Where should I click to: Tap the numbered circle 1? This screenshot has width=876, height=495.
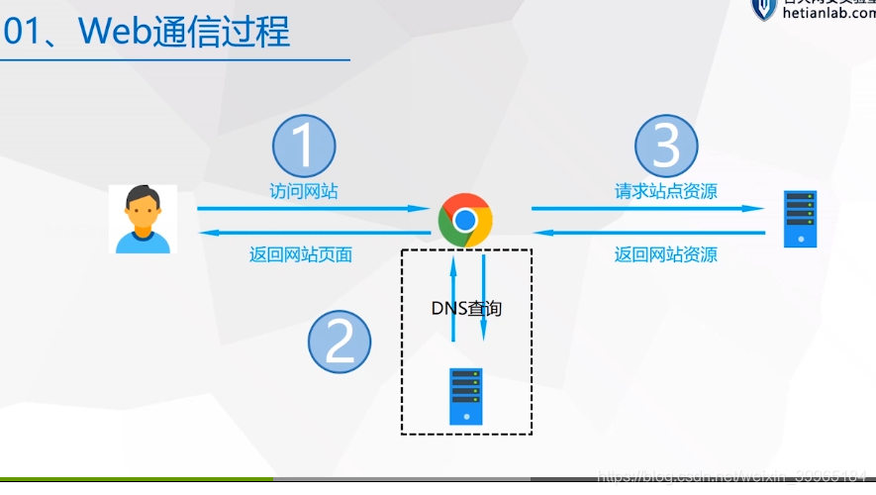pyautogui.click(x=304, y=147)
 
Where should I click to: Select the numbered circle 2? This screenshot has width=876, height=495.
pyautogui.click(x=340, y=343)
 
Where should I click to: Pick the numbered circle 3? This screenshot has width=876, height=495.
pyautogui.click(x=666, y=147)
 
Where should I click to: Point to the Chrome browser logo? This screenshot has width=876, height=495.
pyautogui.click(x=465, y=220)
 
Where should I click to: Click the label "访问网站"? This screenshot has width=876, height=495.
pyautogui.click(x=304, y=191)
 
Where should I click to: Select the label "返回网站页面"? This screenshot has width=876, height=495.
pyautogui.click(x=301, y=254)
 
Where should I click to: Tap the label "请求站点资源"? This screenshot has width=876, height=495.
pyautogui.click(x=666, y=191)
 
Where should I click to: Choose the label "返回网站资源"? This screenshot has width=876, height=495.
pyautogui.click(x=665, y=254)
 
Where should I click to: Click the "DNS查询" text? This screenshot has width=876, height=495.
pyautogui.click(x=466, y=309)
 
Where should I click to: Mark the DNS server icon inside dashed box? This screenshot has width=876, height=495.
pyautogui.click(x=465, y=396)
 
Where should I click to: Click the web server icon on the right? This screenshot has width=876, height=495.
pyautogui.click(x=800, y=220)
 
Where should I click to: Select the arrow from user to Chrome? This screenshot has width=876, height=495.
pyautogui.click(x=312, y=209)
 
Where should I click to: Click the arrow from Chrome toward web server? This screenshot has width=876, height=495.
pyautogui.click(x=648, y=209)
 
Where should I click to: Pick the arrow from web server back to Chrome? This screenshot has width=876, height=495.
pyautogui.click(x=648, y=234)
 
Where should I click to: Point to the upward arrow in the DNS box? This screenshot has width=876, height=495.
pyautogui.click(x=453, y=297)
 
